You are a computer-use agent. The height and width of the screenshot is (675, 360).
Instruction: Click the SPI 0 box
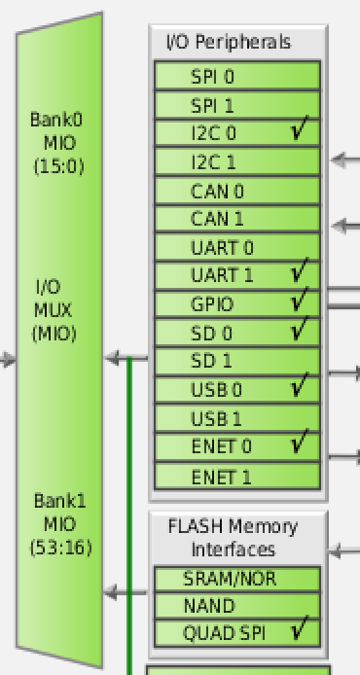pos(237,76)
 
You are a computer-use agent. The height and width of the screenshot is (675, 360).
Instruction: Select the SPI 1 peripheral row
pos(237,104)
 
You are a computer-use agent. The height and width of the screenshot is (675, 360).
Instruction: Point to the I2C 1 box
pos(237,161)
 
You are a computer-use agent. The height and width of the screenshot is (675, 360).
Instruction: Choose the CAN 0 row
pos(237,191)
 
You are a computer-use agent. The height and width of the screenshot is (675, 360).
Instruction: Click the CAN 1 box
pos(237,219)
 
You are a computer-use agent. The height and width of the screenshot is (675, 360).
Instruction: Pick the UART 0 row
pos(237,247)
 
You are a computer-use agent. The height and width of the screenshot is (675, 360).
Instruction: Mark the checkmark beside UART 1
pos(301,273)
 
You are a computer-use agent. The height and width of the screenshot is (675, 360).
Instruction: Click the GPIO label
pos(212,304)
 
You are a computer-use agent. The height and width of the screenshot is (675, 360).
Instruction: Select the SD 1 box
pos(237,361)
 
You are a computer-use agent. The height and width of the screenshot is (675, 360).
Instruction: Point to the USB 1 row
pos(237,418)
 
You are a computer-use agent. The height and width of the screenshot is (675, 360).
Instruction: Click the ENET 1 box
pos(237,476)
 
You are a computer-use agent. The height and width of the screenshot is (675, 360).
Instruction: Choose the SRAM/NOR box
pos(237,578)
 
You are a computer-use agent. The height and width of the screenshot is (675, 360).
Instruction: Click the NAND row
pos(237,605)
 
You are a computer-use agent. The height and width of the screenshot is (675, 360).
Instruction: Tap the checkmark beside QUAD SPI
pos(301,631)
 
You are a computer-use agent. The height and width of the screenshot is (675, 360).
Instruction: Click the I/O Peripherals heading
pos(229,42)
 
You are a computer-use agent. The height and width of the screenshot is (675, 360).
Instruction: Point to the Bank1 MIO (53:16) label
pos(60,524)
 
